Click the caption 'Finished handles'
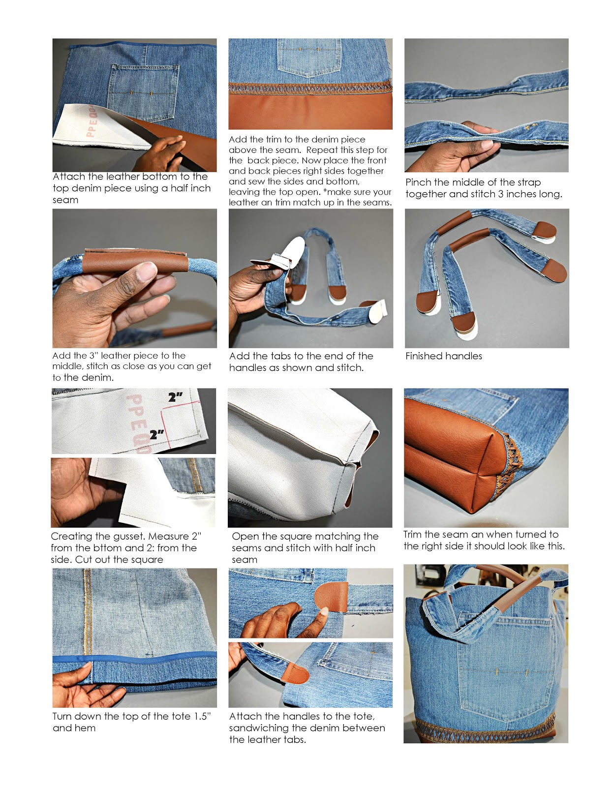[443, 356]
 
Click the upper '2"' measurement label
[175, 397]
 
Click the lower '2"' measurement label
[157, 434]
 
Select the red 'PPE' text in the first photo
[92, 121]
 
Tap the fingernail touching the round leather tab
[324, 611]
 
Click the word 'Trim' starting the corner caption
[413, 535]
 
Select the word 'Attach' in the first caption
[69, 177]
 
